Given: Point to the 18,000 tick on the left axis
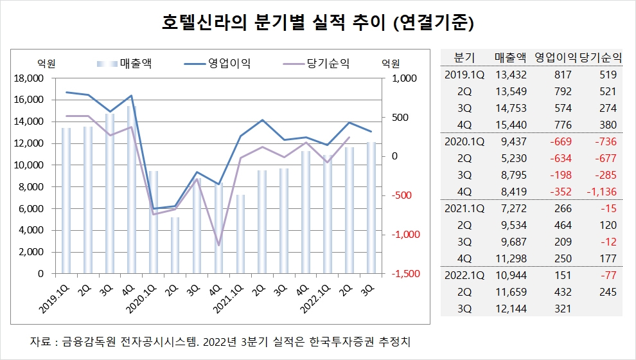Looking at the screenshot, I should pyautogui.click(x=28, y=78).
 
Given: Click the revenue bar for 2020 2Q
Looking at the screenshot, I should pyautogui.click(x=175, y=245).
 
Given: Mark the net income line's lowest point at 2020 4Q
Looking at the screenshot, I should pyautogui.click(x=219, y=245).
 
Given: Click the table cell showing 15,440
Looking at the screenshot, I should pyautogui.click(x=511, y=125).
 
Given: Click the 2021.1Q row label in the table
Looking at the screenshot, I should pyautogui.click(x=464, y=208).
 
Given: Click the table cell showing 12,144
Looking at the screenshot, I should pyautogui.click(x=511, y=307).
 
